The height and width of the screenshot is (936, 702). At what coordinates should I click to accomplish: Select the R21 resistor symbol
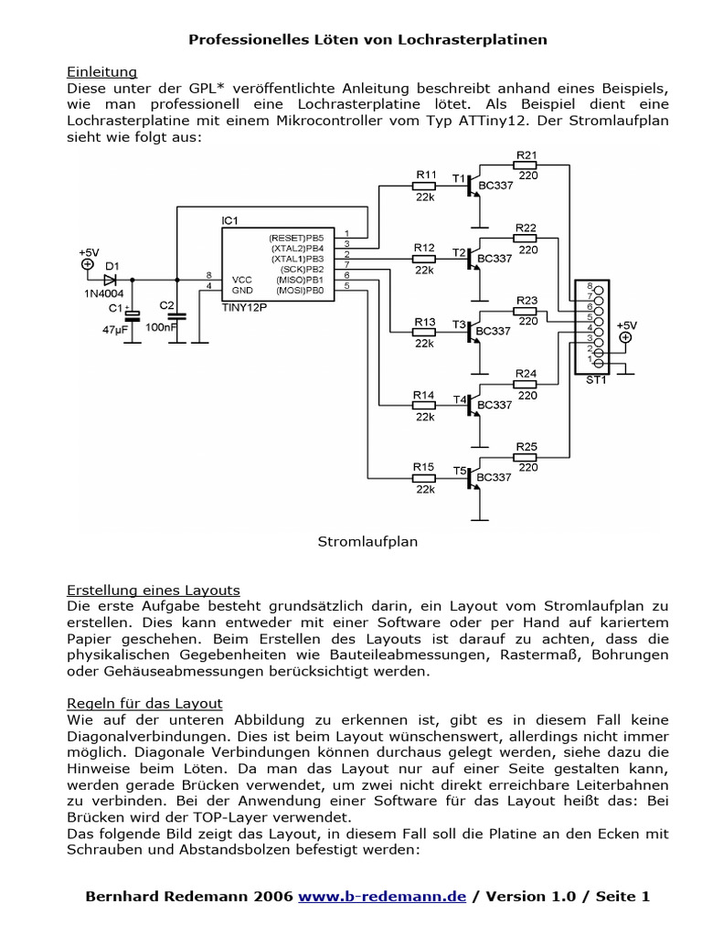(526, 165)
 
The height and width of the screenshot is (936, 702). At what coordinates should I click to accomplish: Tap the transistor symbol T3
(473, 332)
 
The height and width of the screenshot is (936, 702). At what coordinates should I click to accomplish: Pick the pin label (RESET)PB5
(297, 238)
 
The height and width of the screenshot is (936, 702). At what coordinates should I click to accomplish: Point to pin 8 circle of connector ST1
(599, 289)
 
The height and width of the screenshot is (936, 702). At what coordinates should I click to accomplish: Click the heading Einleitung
(102, 71)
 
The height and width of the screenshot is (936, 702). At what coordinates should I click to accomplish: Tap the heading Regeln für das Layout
(144, 703)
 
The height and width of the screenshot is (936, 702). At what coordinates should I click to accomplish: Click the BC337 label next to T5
(495, 477)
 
